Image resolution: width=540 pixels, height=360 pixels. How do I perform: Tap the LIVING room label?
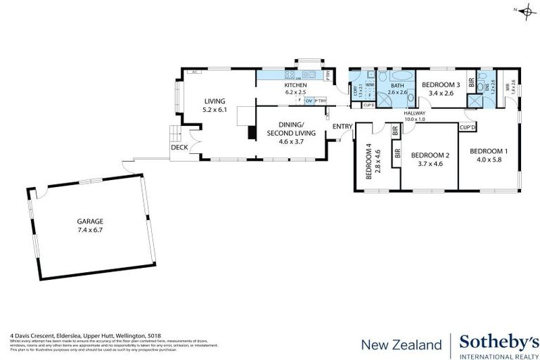click(x=214, y=101)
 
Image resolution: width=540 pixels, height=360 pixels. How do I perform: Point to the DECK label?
click(x=179, y=148)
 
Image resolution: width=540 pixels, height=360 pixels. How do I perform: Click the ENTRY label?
click(x=342, y=127)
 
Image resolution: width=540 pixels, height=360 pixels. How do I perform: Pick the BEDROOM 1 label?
click(x=487, y=150)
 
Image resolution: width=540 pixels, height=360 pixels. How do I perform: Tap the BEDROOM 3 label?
click(x=440, y=85)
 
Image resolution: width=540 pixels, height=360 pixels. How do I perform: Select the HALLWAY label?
click(x=415, y=112)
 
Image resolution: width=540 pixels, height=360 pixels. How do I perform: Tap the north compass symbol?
click(x=524, y=9)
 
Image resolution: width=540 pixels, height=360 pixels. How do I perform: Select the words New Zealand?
click(x=401, y=345)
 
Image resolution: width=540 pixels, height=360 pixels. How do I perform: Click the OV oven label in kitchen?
click(x=308, y=101)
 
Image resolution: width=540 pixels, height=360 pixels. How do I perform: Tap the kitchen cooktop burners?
click(x=289, y=75)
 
